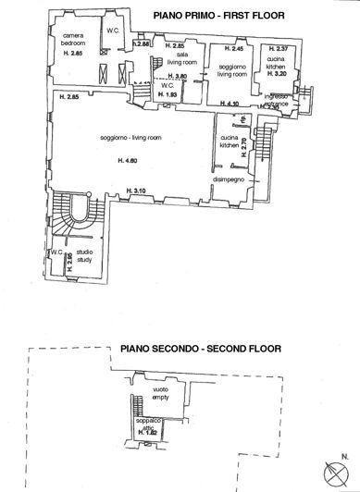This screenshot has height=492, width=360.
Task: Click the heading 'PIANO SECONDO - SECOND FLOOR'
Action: coord(199,350)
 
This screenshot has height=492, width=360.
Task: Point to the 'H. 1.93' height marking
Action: coord(168,94)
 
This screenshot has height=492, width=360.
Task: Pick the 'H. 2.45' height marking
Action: coord(233,48)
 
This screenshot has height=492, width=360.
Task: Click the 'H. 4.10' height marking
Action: coord(230,103)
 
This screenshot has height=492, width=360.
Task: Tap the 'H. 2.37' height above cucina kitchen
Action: coord(276,48)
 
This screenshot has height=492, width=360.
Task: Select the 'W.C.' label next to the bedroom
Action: coord(113,31)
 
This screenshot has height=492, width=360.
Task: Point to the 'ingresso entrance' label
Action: coord(277,100)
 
